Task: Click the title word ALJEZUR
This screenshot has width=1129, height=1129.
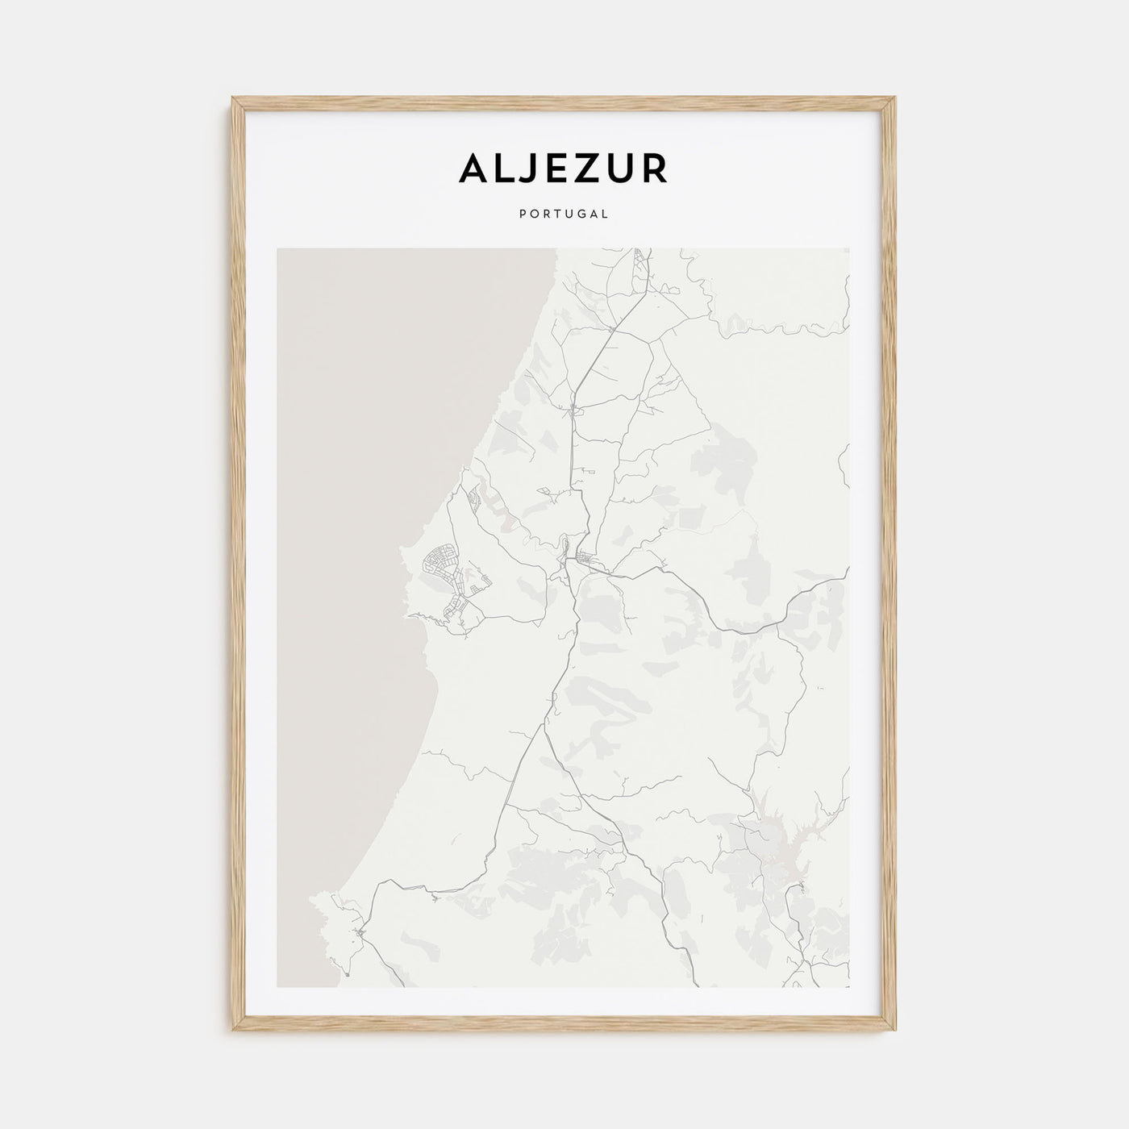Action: click(564, 169)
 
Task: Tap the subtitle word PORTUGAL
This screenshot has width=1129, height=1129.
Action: click(564, 215)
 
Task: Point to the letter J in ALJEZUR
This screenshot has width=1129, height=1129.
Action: click(531, 169)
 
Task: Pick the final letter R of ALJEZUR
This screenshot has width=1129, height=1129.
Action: click(656, 169)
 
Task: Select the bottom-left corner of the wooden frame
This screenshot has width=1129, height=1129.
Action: click(234, 1031)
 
